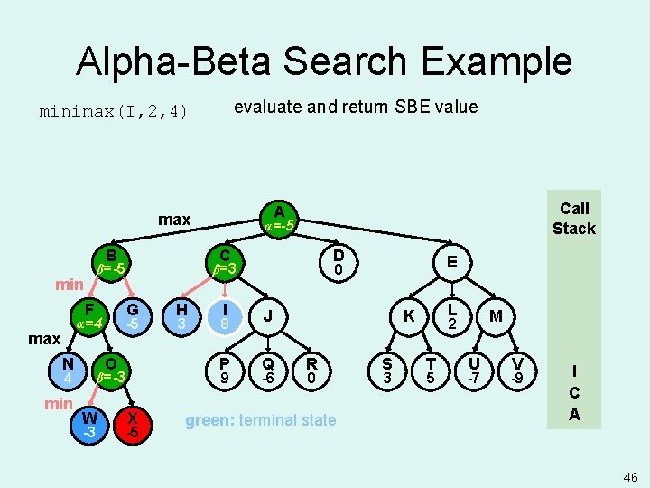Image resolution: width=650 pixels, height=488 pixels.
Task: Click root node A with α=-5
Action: click(279, 218)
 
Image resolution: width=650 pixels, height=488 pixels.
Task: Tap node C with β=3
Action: click(224, 261)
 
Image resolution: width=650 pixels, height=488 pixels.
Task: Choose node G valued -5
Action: click(133, 315)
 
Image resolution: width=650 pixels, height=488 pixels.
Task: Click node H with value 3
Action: click(181, 315)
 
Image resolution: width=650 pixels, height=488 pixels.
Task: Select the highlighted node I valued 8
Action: click(224, 315)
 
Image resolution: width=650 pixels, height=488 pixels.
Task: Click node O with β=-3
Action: click(112, 369)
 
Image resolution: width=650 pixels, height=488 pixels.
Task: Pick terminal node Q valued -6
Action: click(267, 369)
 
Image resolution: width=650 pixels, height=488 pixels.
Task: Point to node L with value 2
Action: click(454, 315)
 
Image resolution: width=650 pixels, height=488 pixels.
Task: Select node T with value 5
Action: click(431, 369)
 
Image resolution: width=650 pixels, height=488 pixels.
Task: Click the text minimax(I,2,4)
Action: click(113, 112)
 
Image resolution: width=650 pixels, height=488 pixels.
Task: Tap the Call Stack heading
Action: click(574, 218)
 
